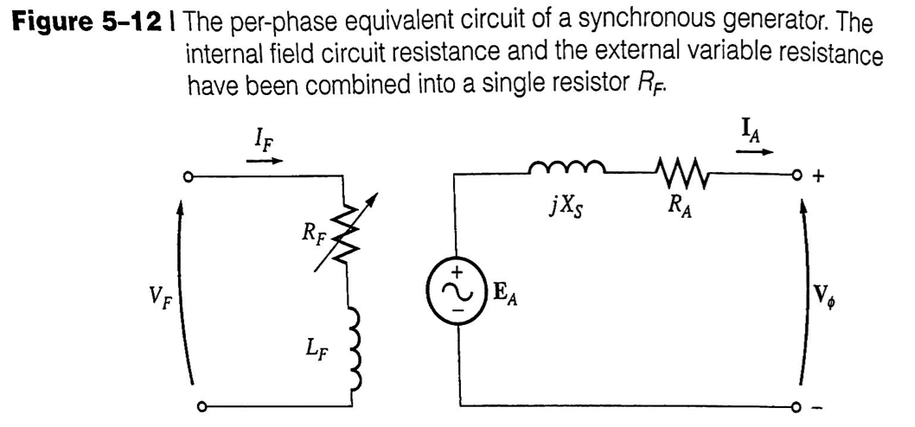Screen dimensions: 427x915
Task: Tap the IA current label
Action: point(750,130)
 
